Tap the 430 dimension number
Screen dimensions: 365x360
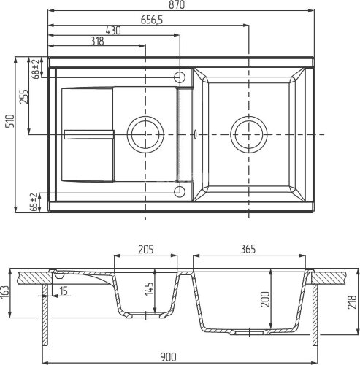[x=112, y=31]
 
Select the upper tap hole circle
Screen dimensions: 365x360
[x=180, y=76]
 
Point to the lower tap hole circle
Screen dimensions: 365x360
[x=180, y=192]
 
